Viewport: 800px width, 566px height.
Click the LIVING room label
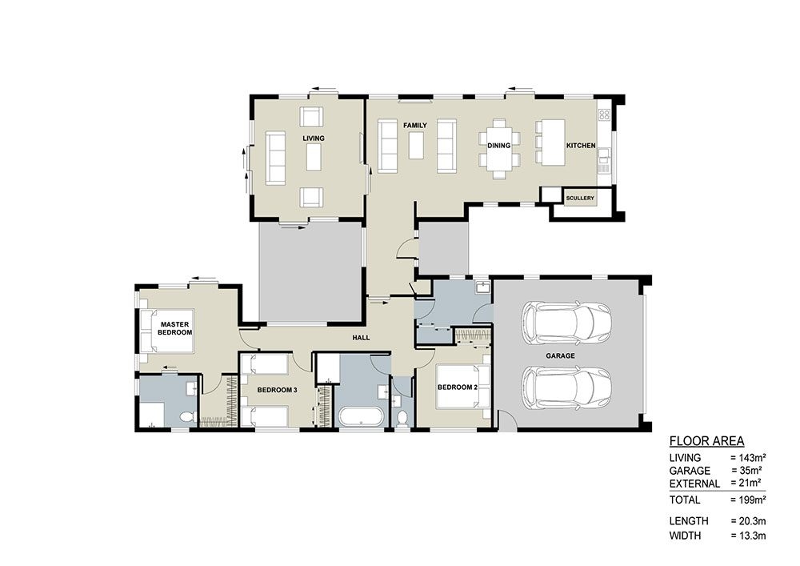pos(314,138)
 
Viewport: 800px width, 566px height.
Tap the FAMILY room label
pos(414,126)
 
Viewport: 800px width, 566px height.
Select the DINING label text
pos(498,146)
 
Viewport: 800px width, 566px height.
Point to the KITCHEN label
pos(580,146)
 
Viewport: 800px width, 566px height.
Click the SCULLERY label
pos(579,197)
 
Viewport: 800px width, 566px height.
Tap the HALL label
pos(361,338)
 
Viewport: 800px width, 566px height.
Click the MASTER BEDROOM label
pos(174,327)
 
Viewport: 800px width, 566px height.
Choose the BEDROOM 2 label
pos(457,387)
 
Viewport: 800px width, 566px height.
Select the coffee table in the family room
pos(415,146)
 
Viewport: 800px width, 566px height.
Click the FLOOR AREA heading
pos(706,441)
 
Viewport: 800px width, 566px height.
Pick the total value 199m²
pos(748,500)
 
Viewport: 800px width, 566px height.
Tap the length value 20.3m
pos(748,521)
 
